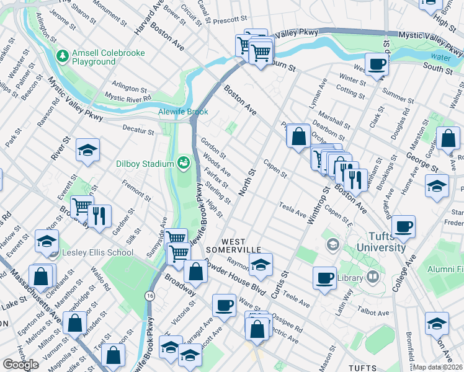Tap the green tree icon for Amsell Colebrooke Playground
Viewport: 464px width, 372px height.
[63, 57]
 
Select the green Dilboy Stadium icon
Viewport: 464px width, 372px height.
[183, 163]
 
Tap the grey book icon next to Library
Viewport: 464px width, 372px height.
[373, 278]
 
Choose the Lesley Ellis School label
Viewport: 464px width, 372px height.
[97, 252]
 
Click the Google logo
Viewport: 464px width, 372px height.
[20, 365]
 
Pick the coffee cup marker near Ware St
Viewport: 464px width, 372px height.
[224, 304]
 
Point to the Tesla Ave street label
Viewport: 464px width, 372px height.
[293, 210]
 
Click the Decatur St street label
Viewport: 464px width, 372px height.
[138, 131]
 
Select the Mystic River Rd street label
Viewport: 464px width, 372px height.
[128, 97]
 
